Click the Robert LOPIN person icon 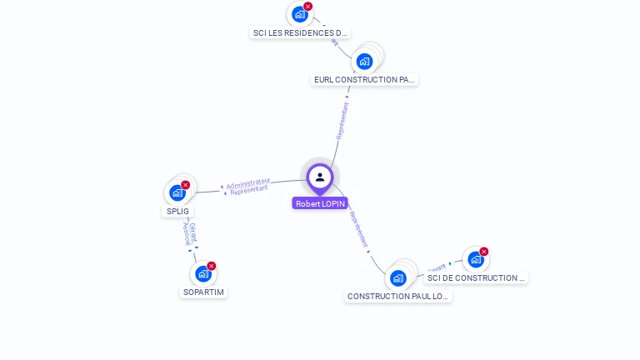click(x=320, y=177)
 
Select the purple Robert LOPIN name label click(x=320, y=203)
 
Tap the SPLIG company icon click(x=177, y=193)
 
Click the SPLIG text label click(x=177, y=211)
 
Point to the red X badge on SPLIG click(x=186, y=185)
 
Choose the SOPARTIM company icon click(x=203, y=274)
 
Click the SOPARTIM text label click(x=203, y=292)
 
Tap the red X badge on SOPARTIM click(x=212, y=266)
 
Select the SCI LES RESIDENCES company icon click(x=300, y=14)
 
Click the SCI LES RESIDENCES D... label click(x=300, y=33)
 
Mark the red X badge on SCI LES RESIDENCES click(x=308, y=7)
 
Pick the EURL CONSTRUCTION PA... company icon click(x=364, y=61)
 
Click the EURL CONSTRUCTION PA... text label click(x=364, y=80)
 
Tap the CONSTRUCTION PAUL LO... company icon click(x=398, y=278)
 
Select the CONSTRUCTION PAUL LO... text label click(x=398, y=297)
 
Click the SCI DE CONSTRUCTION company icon click(x=476, y=259)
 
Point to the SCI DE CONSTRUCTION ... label click(x=476, y=278)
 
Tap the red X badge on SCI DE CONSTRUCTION click(x=484, y=252)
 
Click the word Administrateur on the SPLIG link click(x=248, y=182)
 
